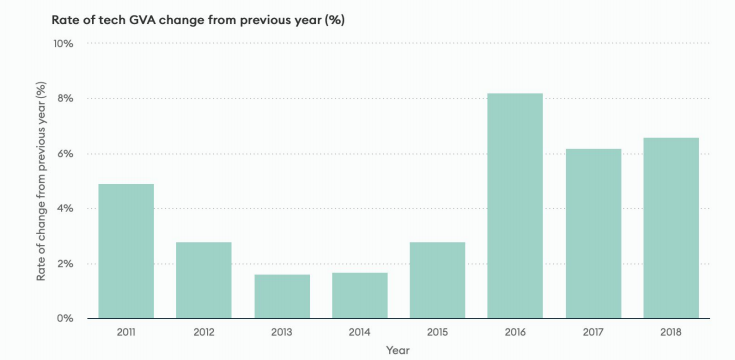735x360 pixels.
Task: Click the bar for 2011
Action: (x=126, y=251)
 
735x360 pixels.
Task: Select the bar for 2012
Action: (x=204, y=280)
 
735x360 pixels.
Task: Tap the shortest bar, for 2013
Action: (x=282, y=296)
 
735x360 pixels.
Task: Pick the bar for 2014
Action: (x=359, y=295)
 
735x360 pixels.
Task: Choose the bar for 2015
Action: (x=437, y=280)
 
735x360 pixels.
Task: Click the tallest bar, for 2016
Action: (x=515, y=206)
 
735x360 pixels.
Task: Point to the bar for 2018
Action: (x=671, y=228)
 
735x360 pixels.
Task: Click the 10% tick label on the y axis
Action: (x=63, y=44)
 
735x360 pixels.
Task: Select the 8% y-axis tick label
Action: (x=66, y=99)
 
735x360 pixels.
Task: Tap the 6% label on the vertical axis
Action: (x=66, y=154)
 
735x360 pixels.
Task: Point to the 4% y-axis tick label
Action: (x=66, y=209)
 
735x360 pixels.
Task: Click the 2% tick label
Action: (x=66, y=264)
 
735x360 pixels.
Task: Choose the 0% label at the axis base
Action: (x=66, y=319)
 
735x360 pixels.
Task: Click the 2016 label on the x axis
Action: (x=515, y=331)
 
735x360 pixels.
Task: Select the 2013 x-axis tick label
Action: (x=282, y=331)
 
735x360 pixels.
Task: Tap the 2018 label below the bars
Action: (x=671, y=331)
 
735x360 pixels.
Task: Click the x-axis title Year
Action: (x=398, y=350)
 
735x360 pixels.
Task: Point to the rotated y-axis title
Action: (x=42, y=182)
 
